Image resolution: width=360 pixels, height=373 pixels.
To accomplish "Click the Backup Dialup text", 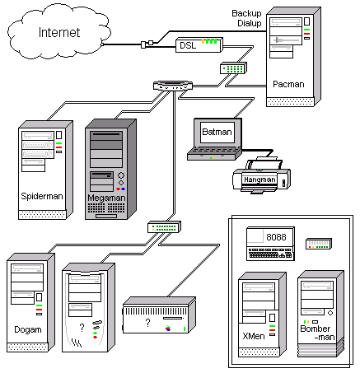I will pyautogui.click(x=246, y=19).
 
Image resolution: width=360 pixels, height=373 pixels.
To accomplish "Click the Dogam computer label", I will pyautogui.click(x=28, y=329).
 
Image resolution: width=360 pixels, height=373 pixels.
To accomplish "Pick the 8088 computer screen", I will pyautogui.click(x=277, y=238).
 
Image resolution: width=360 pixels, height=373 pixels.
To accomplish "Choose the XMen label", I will pyautogui.click(x=255, y=337).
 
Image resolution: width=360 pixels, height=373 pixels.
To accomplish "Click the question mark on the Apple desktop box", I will pyautogui.click(x=147, y=322).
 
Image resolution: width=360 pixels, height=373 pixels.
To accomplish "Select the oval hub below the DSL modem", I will pyautogui.click(x=172, y=86).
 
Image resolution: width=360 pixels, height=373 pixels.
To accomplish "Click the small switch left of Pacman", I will pyautogui.click(x=232, y=68).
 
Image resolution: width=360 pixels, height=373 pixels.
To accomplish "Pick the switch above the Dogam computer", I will pyautogui.click(x=162, y=226).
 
